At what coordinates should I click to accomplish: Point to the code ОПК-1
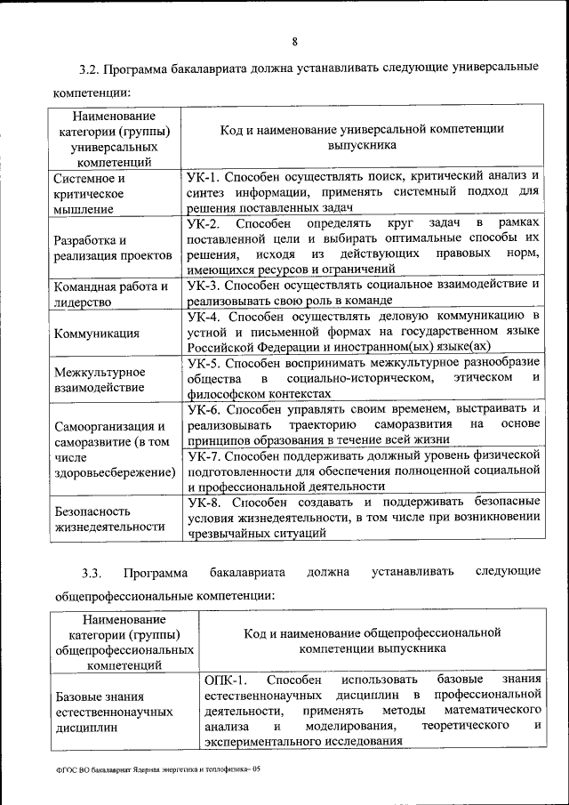[x=224, y=680]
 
